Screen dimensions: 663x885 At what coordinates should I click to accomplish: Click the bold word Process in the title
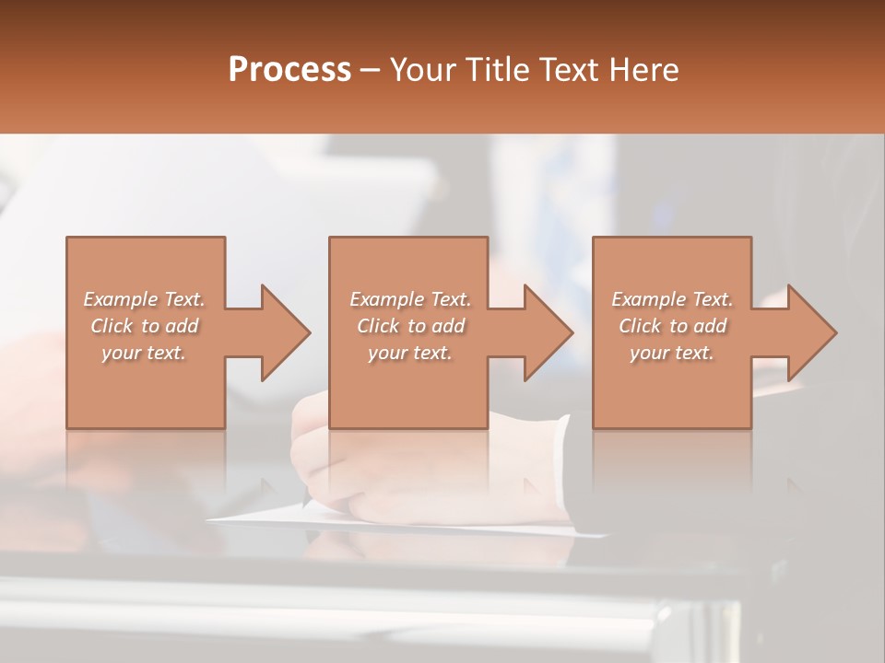click(289, 69)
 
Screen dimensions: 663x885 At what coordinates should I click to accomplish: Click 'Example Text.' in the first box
click(144, 299)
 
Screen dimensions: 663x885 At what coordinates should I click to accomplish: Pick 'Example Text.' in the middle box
click(410, 299)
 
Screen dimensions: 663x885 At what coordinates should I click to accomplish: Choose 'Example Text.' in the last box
click(672, 299)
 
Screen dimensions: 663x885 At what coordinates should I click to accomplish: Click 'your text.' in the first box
click(144, 353)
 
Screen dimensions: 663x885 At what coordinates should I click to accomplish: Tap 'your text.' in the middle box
click(410, 353)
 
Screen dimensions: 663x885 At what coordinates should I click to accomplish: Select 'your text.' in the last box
click(672, 353)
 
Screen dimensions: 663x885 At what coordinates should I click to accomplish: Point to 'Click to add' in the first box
click(144, 326)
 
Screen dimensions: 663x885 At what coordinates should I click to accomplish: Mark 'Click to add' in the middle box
click(410, 326)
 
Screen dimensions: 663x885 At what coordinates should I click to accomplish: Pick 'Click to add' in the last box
click(672, 326)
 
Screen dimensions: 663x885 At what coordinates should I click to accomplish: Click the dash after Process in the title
click(371, 70)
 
